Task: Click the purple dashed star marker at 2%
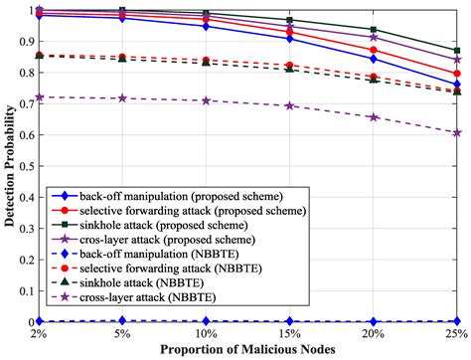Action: pyautogui.click(x=40, y=97)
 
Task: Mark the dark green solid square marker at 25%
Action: pyautogui.click(x=457, y=50)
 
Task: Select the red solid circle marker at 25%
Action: pyautogui.click(x=457, y=74)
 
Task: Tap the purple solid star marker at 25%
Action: pyautogui.click(x=457, y=61)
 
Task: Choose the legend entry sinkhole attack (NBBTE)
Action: pyautogui.click(x=130, y=284)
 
